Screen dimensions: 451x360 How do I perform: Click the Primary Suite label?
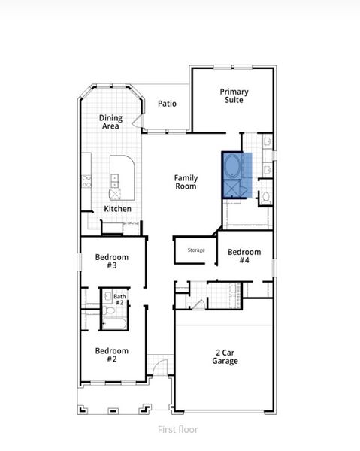click(x=234, y=95)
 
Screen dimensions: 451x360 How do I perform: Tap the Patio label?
click(x=167, y=104)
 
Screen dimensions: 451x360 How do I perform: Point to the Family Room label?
click(x=186, y=182)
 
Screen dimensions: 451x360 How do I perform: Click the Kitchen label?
click(x=118, y=209)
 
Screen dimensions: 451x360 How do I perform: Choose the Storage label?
click(x=196, y=250)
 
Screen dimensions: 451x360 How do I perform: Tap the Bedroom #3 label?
click(x=111, y=262)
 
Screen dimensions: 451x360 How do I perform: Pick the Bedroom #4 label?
click(x=244, y=256)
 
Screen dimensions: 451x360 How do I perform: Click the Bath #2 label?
click(x=119, y=299)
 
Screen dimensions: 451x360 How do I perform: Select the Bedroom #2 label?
click(x=111, y=355)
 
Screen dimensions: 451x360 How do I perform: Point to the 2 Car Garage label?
click(x=225, y=356)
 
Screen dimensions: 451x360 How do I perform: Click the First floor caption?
click(x=180, y=429)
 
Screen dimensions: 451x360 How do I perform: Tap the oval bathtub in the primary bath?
click(x=232, y=165)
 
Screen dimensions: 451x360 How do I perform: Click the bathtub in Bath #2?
click(x=114, y=325)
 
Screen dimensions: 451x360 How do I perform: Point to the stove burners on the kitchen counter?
click(x=86, y=180)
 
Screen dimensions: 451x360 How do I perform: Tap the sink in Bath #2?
click(x=107, y=296)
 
